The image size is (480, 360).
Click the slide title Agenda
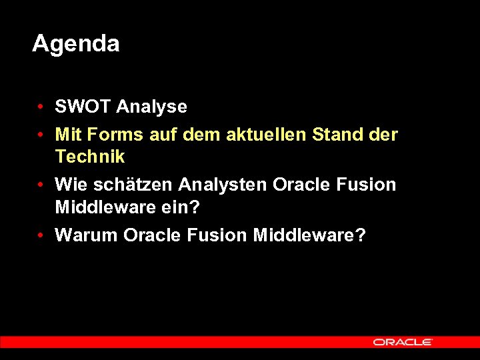(75, 44)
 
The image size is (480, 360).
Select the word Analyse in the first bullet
(151, 107)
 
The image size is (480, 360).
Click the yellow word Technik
(90, 157)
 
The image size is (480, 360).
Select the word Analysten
(223, 185)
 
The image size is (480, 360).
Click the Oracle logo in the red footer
(403, 342)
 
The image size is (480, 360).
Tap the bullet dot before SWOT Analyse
(41, 107)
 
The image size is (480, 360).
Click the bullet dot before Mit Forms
(41, 135)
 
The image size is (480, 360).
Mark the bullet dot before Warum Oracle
(41, 236)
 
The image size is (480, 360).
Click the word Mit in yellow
(68, 135)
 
